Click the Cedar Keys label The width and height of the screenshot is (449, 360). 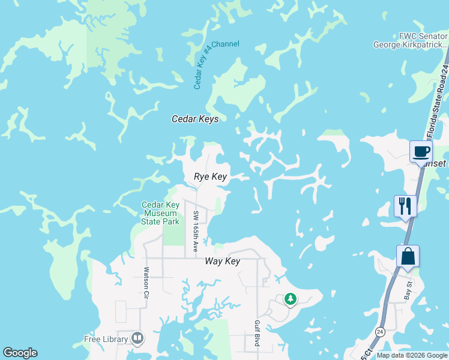coord(195,119)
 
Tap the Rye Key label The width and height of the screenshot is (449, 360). coord(210,176)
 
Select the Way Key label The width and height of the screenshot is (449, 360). coord(222,261)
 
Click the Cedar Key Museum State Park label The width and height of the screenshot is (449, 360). coord(160,213)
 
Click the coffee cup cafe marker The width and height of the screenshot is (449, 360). coord(421,151)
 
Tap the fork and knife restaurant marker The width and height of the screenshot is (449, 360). coord(405,206)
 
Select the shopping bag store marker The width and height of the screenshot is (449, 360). coord(408,256)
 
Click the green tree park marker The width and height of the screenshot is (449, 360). coord(291,299)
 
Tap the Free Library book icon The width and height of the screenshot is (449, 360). coord(137,339)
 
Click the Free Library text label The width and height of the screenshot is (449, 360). coord(106,339)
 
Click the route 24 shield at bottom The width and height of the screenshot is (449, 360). coord(380,331)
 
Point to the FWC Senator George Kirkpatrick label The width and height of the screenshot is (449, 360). coord(411,40)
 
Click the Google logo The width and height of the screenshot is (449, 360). coord(20,353)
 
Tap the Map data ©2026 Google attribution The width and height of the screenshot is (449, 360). coord(411,355)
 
